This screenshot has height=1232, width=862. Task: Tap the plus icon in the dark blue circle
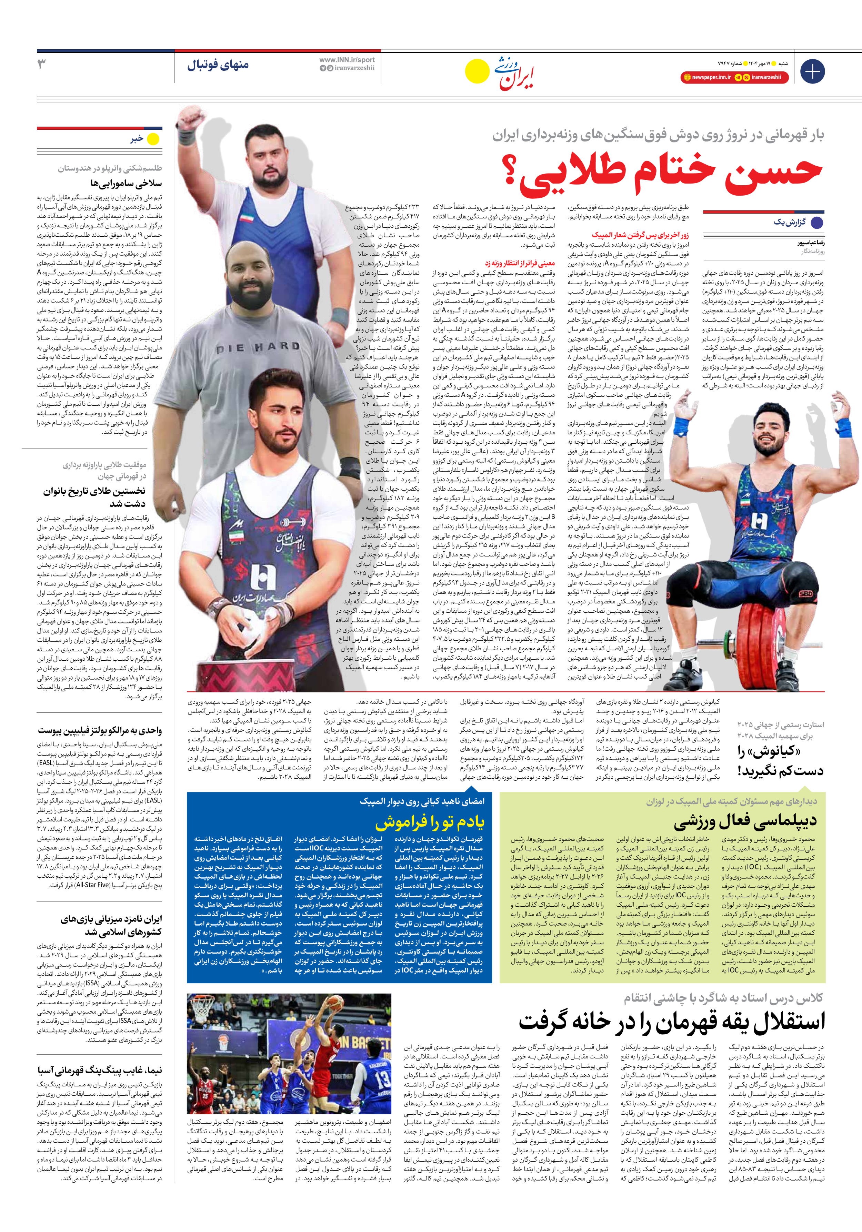pos(812,71)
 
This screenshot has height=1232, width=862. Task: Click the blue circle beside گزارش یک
pos(816,223)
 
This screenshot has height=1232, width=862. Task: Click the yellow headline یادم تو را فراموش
pos(430,821)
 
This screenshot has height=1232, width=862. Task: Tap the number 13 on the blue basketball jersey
pos(382,1079)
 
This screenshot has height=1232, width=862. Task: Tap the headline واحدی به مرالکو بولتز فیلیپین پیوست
pos(100,730)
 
